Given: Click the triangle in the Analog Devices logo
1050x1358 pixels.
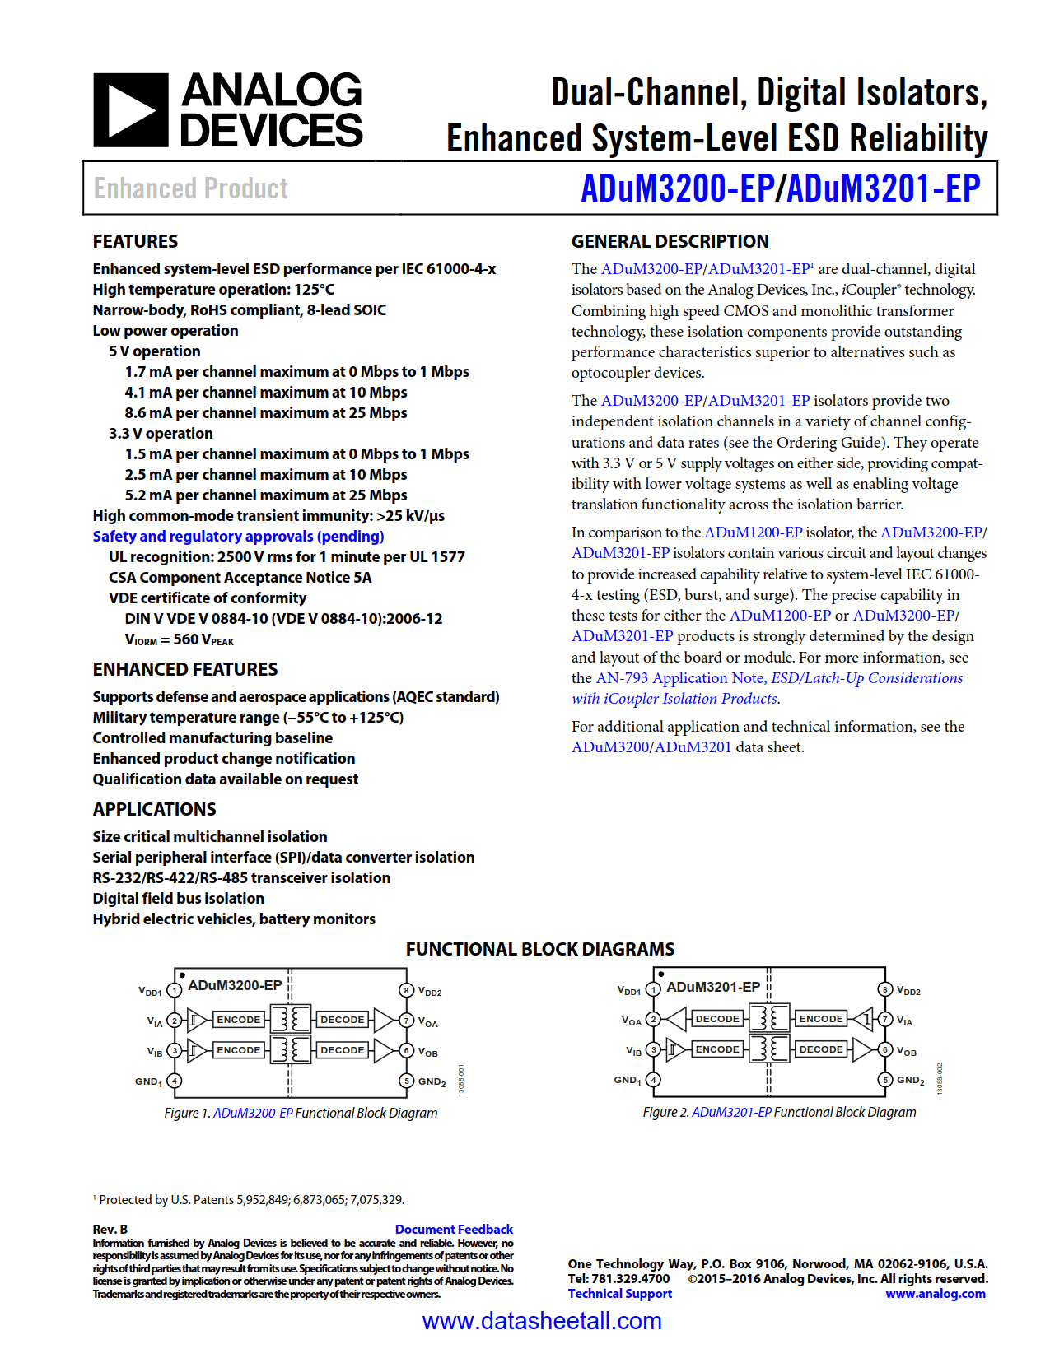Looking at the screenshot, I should tap(131, 110).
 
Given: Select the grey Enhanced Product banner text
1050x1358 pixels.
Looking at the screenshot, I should tap(190, 188).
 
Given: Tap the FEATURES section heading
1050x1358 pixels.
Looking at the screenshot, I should tap(135, 241).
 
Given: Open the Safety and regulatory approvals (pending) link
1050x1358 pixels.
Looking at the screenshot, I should tap(238, 537).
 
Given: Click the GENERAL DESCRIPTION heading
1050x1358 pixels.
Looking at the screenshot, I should tap(670, 241).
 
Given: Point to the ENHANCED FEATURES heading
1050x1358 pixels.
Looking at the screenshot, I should tap(185, 669).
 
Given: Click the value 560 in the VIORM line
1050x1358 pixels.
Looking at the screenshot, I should tap(185, 639).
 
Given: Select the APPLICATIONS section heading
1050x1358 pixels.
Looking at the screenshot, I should tap(154, 809).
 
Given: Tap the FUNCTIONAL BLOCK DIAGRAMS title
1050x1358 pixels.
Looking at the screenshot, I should tap(539, 949).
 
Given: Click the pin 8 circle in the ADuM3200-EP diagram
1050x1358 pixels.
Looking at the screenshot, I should tap(406, 990).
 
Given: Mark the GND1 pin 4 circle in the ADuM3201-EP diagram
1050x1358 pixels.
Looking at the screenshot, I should tap(653, 1080).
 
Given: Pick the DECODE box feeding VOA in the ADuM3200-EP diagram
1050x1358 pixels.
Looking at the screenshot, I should tap(342, 1020).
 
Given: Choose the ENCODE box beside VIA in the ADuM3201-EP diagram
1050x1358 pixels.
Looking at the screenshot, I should tap(820, 1019).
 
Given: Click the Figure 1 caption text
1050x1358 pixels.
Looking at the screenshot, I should tap(301, 1113).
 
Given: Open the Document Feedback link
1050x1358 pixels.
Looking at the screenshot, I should tap(454, 1229).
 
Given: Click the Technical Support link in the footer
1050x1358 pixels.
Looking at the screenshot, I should tap(619, 1294).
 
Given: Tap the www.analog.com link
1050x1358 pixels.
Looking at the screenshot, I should tap(935, 1294).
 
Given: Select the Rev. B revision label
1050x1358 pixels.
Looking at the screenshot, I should tap(110, 1229).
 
